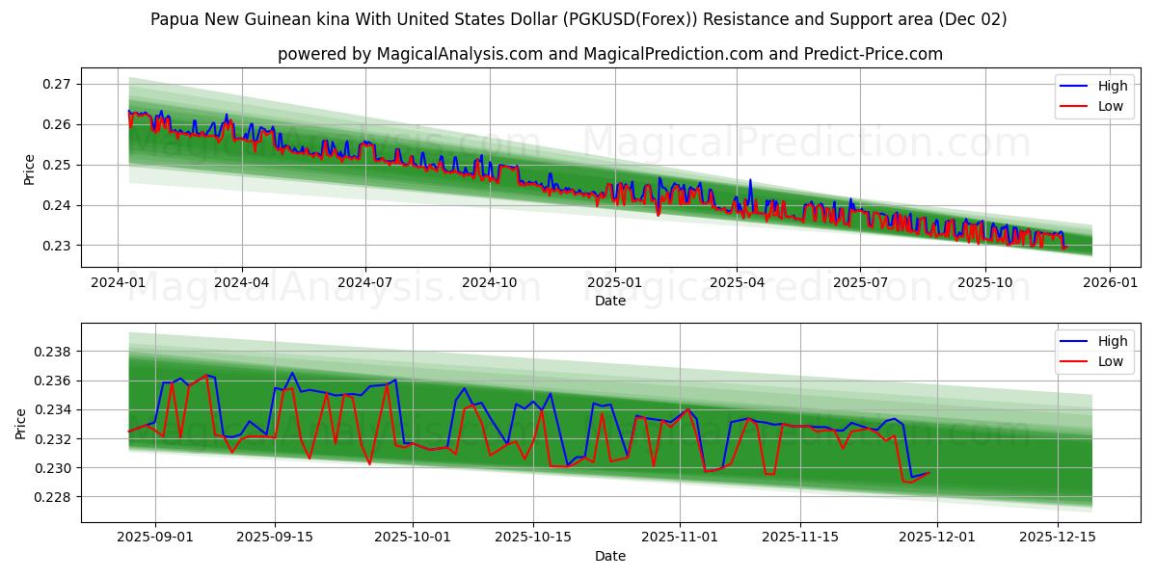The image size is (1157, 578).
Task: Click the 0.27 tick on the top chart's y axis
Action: point(57,84)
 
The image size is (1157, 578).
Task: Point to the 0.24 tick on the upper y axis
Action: point(57,205)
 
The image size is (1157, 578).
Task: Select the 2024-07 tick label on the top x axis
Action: point(365,282)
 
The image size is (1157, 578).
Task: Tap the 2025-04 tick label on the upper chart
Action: point(737,282)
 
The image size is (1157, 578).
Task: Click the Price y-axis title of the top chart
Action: point(29,170)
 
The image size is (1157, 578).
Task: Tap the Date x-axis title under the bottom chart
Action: point(609,556)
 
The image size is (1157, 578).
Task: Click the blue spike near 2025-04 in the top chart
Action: point(750,180)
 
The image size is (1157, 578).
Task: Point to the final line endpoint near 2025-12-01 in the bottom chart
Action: point(929,472)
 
